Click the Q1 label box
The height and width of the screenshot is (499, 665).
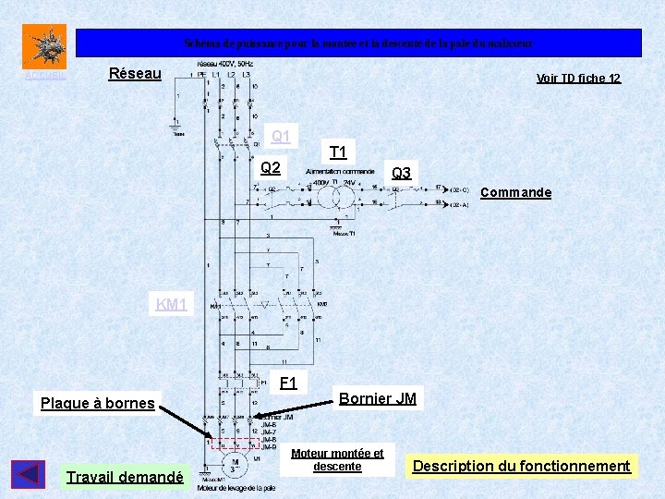pos(281,137)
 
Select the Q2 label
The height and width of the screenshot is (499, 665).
pos(271,168)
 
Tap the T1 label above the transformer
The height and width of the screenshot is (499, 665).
pos(338,152)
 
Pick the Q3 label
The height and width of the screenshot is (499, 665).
pos(402,173)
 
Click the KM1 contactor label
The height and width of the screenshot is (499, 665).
pos(172,304)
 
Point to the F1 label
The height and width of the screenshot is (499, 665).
pos(288,383)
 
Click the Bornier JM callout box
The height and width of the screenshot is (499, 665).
pos(377,398)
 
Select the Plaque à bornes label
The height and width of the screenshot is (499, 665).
pos(97,403)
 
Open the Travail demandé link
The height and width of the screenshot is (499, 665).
pos(125,477)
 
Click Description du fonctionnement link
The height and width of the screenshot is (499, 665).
pos(521,466)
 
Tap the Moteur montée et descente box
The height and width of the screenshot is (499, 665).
pos(337,459)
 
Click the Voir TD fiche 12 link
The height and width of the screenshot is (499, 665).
pos(578,79)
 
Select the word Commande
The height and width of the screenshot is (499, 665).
pos(516,192)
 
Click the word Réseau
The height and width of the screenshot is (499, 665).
pos(135,73)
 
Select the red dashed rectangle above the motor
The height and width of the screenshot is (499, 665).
pos(236,444)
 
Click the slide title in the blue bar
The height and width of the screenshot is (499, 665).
pos(358,43)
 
